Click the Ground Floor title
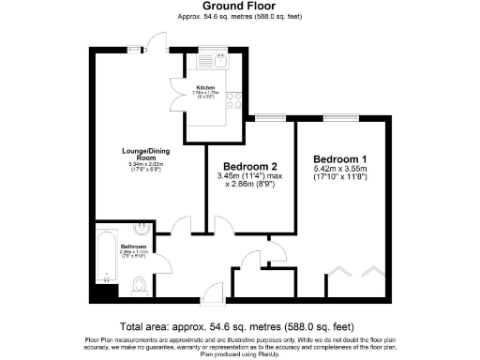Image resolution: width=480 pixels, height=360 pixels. [239, 7]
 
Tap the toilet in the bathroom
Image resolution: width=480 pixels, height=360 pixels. [138, 285]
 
